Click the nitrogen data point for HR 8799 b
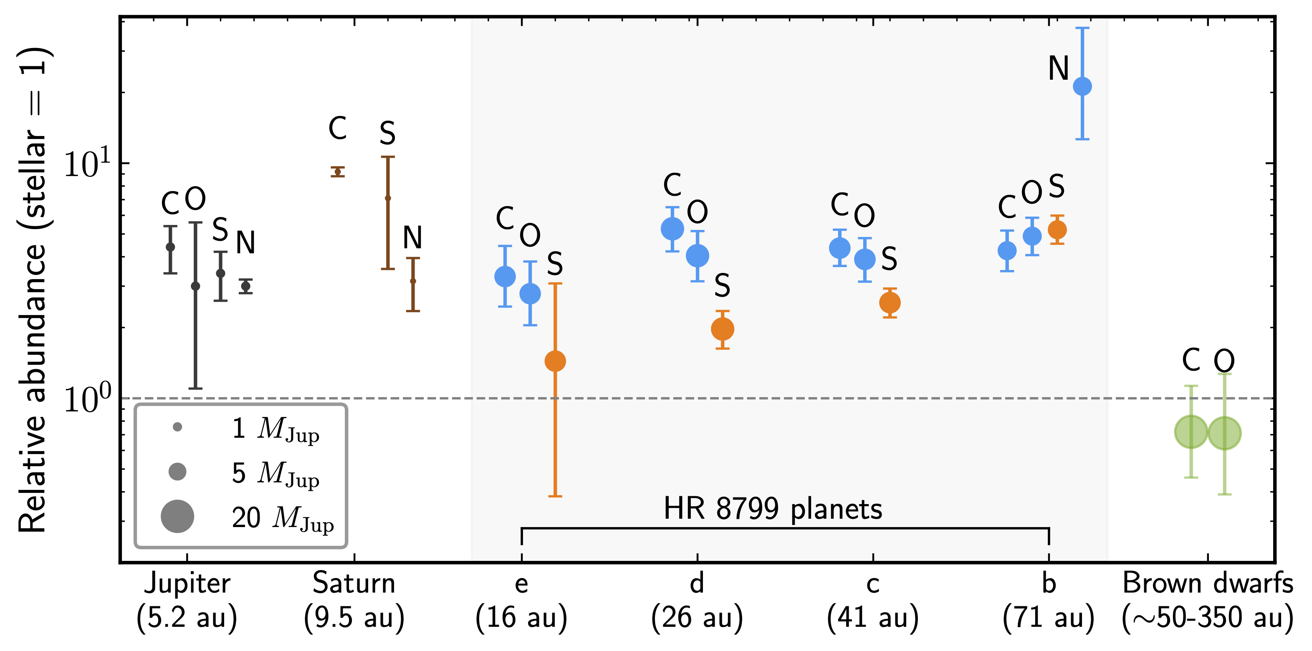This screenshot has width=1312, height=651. tap(1082, 86)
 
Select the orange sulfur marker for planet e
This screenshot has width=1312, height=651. tap(555, 361)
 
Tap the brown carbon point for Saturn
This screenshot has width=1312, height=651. tap(337, 172)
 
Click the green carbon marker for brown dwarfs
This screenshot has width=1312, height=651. tap(1191, 431)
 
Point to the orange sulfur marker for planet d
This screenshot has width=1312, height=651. tap(722, 329)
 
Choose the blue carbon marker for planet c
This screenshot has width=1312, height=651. tap(839, 248)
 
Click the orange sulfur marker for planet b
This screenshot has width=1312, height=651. tap(1057, 230)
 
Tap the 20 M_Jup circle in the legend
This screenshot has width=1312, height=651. tap(177, 516)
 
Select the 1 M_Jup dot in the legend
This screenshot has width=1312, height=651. tap(177, 427)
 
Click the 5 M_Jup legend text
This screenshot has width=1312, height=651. tap(276, 473)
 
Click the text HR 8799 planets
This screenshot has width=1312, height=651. tap(773, 508)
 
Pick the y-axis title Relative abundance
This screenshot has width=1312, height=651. tap(33, 290)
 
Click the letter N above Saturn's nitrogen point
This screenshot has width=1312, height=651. tap(412, 237)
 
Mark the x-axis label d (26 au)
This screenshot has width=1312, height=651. tap(697, 601)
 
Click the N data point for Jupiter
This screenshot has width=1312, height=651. tap(245, 286)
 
